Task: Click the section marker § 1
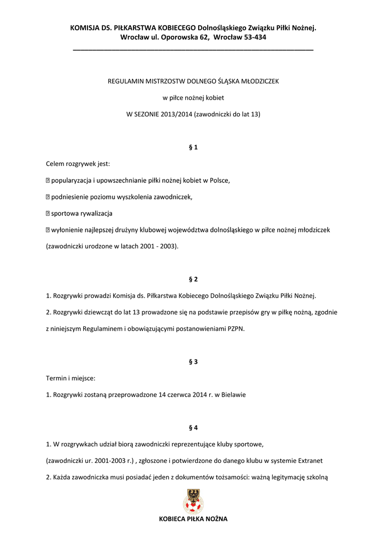coord(193,147)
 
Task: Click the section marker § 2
coord(193,279)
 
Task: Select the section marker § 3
coord(193,362)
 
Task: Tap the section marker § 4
coord(193,428)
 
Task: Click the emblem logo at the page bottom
coord(193,502)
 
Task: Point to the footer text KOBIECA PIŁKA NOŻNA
coord(193,519)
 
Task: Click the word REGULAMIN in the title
coord(127,82)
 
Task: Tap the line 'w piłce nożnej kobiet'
coord(193,98)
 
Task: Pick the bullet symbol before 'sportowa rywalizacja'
coord(48,213)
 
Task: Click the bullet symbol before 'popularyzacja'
coord(48,180)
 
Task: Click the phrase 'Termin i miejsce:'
coord(71,378)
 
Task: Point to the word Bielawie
coord(233,395)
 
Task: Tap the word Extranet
coord(309,461)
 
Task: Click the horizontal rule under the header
coord(193,49)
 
